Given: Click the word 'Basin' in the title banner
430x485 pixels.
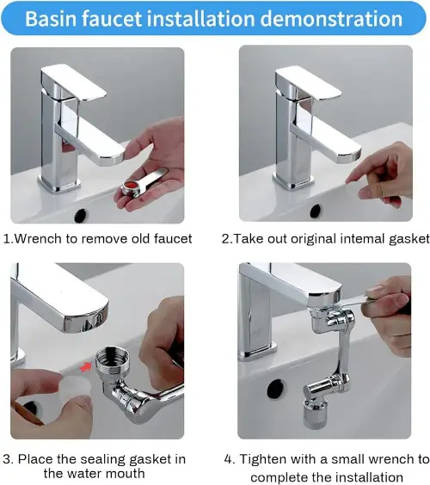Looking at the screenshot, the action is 51,19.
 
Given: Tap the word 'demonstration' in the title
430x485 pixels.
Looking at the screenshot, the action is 331,19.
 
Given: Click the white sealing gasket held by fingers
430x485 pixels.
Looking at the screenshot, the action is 75,385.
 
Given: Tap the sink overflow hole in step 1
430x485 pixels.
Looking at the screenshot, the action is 81,214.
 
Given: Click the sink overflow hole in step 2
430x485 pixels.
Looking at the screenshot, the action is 316,211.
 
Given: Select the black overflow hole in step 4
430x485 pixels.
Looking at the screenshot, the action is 275,389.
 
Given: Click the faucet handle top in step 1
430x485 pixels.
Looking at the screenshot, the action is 73,82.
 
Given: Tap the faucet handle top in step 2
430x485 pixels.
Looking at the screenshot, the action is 308,83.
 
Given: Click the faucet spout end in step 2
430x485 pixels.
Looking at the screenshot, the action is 348,156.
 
